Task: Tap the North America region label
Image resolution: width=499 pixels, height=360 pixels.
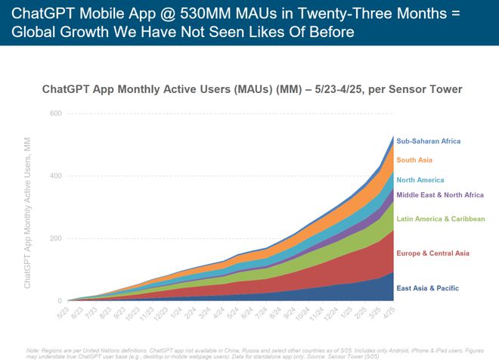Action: (x=420, y=180)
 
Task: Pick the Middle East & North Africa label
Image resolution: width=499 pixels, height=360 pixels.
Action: (x=440, y=195)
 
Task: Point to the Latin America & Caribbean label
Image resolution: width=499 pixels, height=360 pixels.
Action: (x=440, y=219)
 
